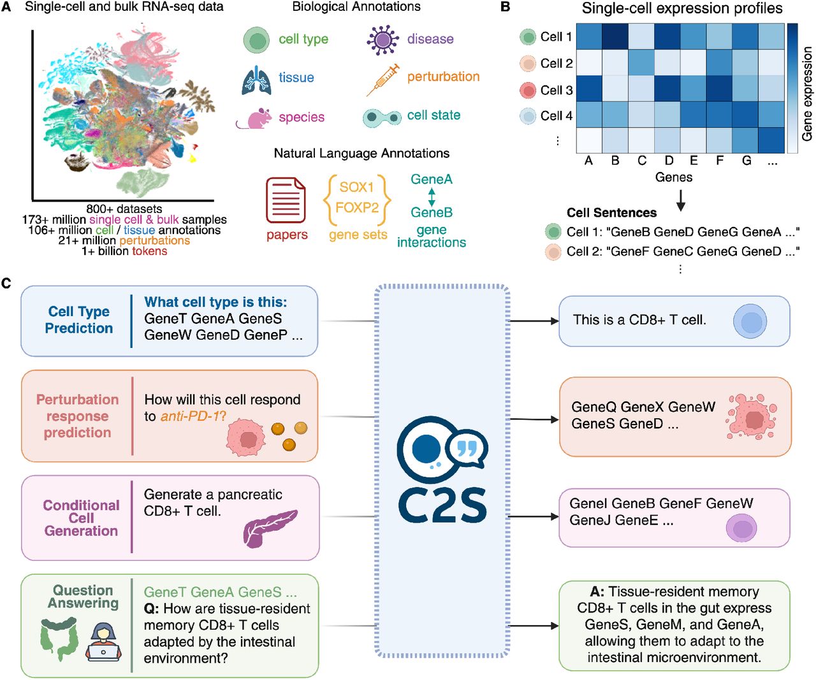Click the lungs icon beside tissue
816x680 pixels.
256,79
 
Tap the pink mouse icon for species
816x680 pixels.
254,119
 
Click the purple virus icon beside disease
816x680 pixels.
382,40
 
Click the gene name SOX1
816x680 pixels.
356,187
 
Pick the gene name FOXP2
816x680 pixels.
357,208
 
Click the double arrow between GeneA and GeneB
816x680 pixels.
432,196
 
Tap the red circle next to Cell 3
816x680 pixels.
528,90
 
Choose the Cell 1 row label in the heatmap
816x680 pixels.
556,37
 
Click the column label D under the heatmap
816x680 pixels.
669,161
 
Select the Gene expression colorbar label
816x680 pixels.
808,94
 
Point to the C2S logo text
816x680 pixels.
442,505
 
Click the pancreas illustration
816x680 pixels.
269,527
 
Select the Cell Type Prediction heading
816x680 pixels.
78,320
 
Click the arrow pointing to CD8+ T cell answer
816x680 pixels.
534,321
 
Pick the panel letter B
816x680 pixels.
506,8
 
